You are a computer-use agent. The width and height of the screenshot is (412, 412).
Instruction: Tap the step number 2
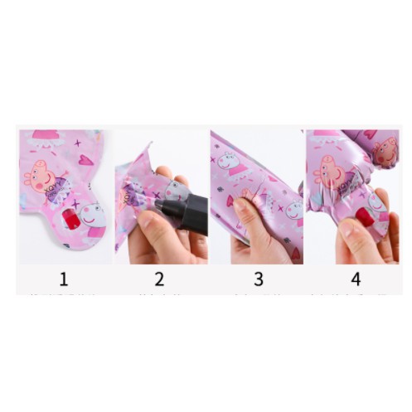coord(159,279)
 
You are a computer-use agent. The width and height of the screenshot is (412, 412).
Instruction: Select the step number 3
coord(258,279)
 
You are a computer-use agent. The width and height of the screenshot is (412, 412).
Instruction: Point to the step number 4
coord(356,279)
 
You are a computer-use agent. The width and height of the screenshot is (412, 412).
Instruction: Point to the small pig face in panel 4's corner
coord(385,150)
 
